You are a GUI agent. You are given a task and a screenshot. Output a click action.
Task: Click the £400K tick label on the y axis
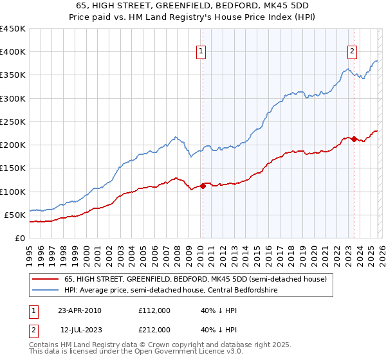click(13, 52)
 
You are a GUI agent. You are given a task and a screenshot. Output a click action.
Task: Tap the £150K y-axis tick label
click(13, 168)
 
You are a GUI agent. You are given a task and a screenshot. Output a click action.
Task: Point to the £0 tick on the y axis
click(19, 239)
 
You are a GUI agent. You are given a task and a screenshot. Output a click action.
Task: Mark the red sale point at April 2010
click(203, 186)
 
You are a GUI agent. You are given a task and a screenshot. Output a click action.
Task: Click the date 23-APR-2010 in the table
click(79, 310)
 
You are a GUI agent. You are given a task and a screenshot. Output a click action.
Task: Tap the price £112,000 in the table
click(154, 310)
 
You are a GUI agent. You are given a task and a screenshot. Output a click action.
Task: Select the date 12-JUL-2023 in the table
click(79, 330)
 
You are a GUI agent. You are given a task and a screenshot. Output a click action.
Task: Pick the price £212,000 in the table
click(154, 330)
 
